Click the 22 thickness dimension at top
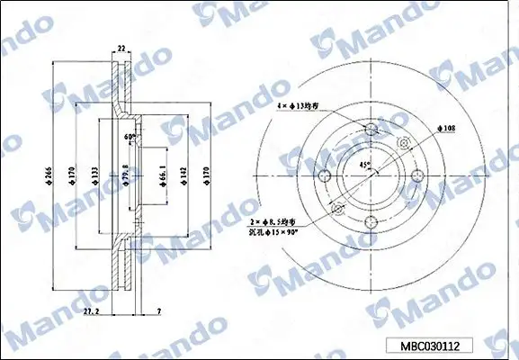click(x=121, y=49)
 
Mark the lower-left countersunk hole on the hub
click(x=338, y=210)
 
